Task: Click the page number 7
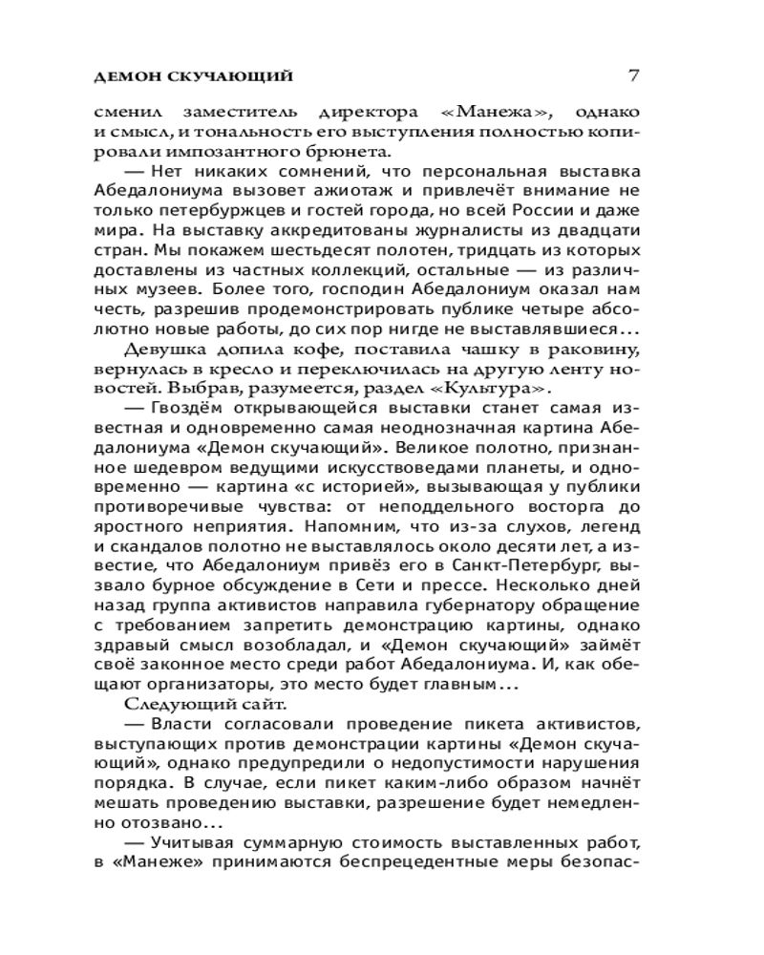tap(633, 74)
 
